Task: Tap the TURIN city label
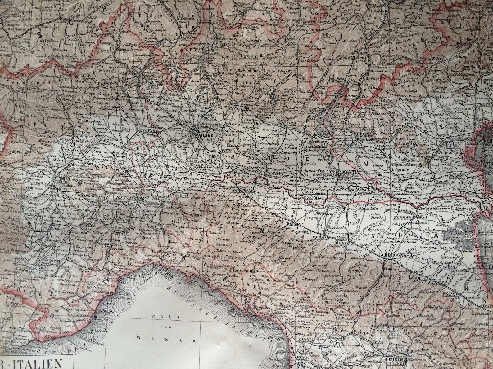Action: [61, 179]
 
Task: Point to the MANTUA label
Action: [346, 172]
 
